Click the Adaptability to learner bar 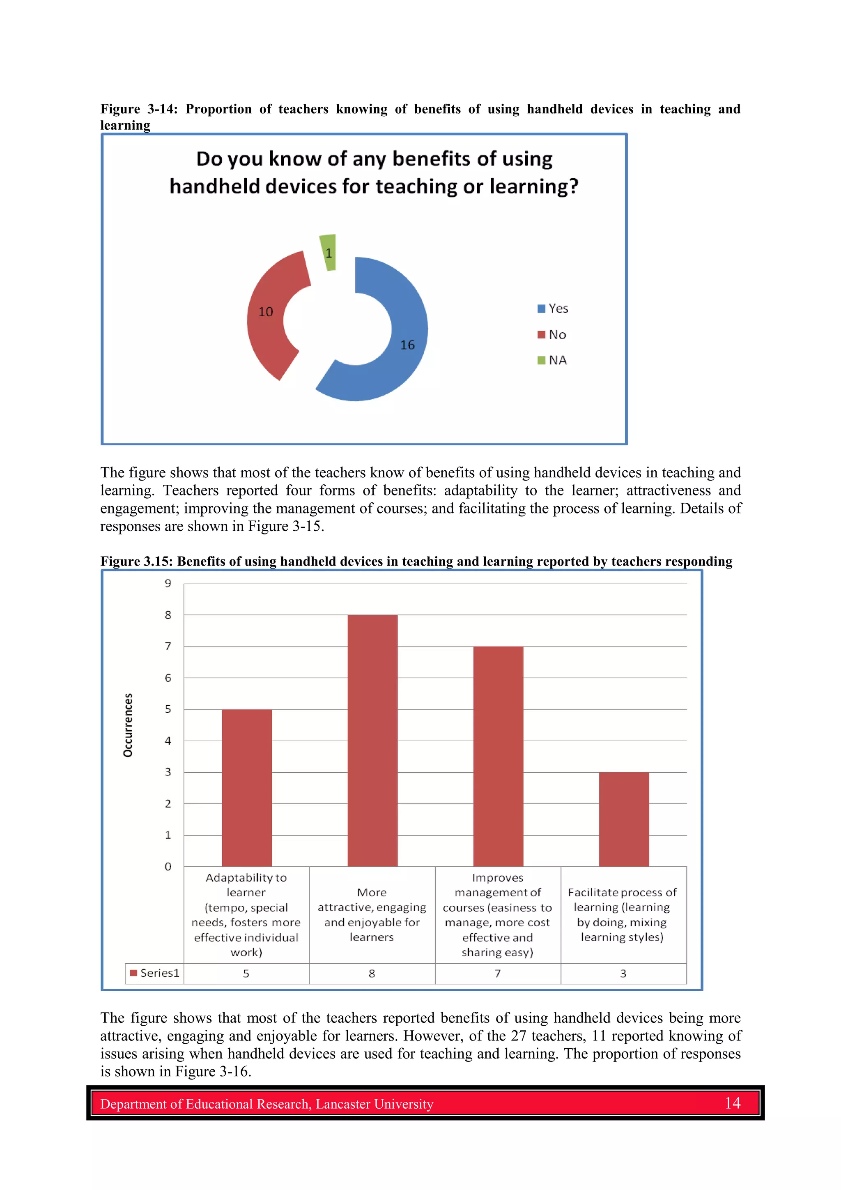coord(247,788)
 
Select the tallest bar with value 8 coord(372,741)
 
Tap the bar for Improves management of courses coord(498,757)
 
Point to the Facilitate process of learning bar coord(624,819)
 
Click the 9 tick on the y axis coord(168,584)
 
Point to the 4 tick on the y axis coord(168,741)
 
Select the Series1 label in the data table coord(159,974)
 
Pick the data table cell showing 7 coord(497,974)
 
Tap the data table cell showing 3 coord(623,974)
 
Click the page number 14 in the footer coord(732,1103)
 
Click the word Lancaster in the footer coord(342,1104)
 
